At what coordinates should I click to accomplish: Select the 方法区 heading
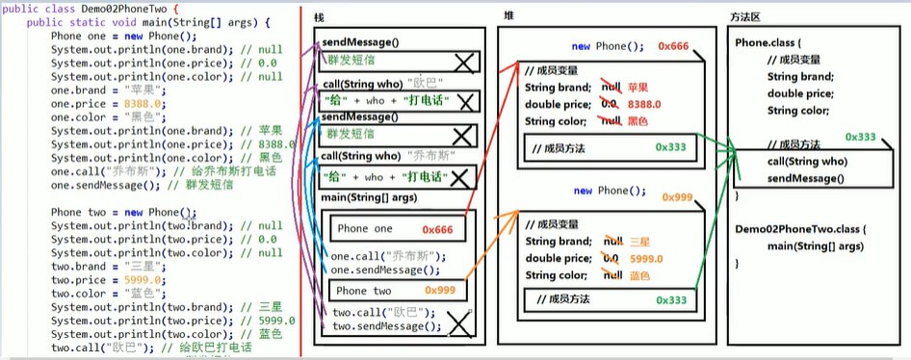(x=747, y=18)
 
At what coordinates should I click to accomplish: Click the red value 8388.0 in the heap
(x=643, y=104)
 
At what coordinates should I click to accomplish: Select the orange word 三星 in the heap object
(x=637, y=242)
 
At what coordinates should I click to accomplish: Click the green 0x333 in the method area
(x=861, y=138)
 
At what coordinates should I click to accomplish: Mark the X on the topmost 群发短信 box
(x=462, y=61)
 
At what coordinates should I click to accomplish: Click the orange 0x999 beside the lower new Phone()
(x=679, y=196)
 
